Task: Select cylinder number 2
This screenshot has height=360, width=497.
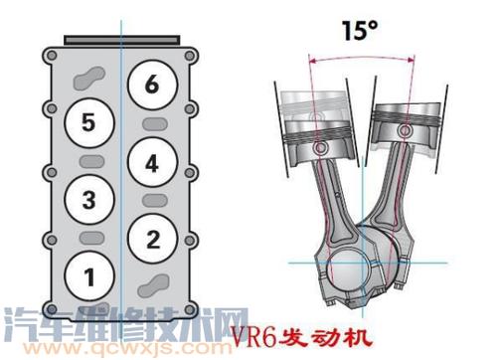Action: pyautogui.click(x=151, y=238)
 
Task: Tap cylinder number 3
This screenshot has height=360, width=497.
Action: pyautogui.click(x=89, y=200)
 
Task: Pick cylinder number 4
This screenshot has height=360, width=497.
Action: pyautogui.click(x=151, y=162)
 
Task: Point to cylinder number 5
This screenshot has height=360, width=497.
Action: pyautogui.click(x=89, y=122)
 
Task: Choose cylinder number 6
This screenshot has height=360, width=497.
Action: pyautogui.click(x=151, y=85)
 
